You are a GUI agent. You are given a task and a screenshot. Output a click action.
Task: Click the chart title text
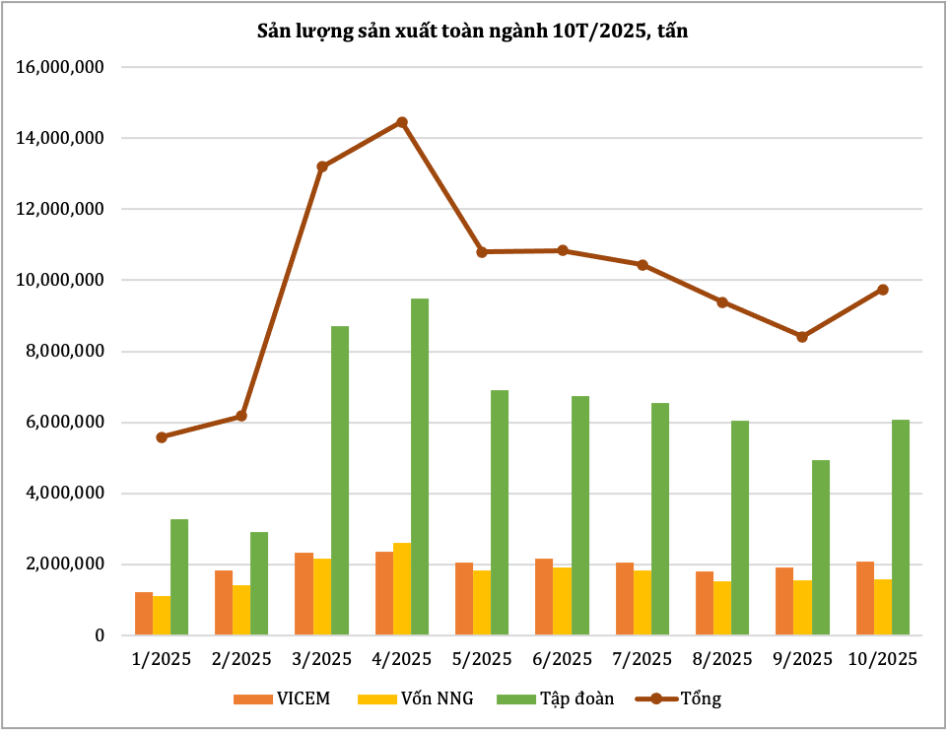click(472, 32)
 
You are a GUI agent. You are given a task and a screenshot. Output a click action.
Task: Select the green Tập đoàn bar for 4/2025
click(420, 467)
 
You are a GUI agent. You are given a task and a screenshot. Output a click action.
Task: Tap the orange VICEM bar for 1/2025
click(144, 614)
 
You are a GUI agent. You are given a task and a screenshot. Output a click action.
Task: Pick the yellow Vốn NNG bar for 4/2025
click(402, 589)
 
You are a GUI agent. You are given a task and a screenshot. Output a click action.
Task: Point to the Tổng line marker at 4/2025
click(402, 122)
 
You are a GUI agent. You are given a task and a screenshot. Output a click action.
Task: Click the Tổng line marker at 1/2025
click(162, 436)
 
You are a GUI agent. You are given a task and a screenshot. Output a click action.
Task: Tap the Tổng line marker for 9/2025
click(802, 337)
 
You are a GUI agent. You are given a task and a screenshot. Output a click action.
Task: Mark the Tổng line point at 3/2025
click(322, 166)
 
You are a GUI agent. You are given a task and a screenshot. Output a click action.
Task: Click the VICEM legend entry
click(281, 698)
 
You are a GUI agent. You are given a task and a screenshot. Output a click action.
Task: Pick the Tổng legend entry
click(680, 698)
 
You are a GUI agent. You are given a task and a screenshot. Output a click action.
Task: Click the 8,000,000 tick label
click(67, 352)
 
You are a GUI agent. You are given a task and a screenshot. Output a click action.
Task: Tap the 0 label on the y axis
click(100, 635)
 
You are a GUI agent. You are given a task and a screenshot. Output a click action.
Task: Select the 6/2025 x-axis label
click(563, 658)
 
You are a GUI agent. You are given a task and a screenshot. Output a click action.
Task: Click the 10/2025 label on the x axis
click(883, 658)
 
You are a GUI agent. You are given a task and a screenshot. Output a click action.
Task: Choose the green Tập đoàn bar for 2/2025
click(259, 583)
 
